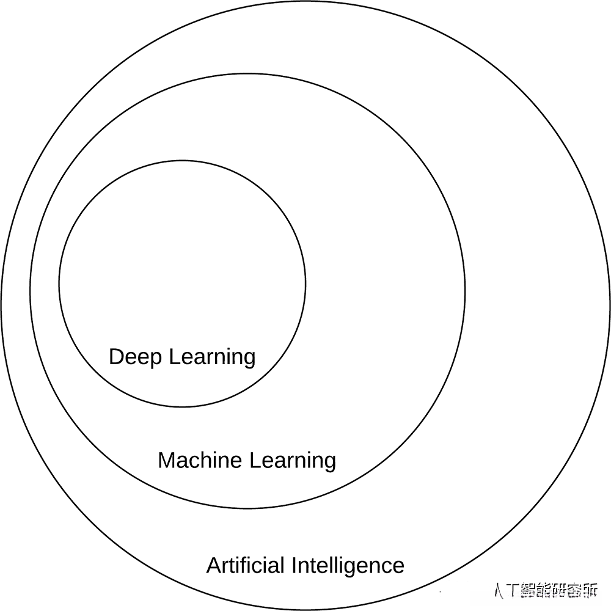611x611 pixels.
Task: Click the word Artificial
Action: [246, 565]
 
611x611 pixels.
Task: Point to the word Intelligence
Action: [348, 565]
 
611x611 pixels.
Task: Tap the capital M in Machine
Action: [166, 460]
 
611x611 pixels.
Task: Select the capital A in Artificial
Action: [213, 565]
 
